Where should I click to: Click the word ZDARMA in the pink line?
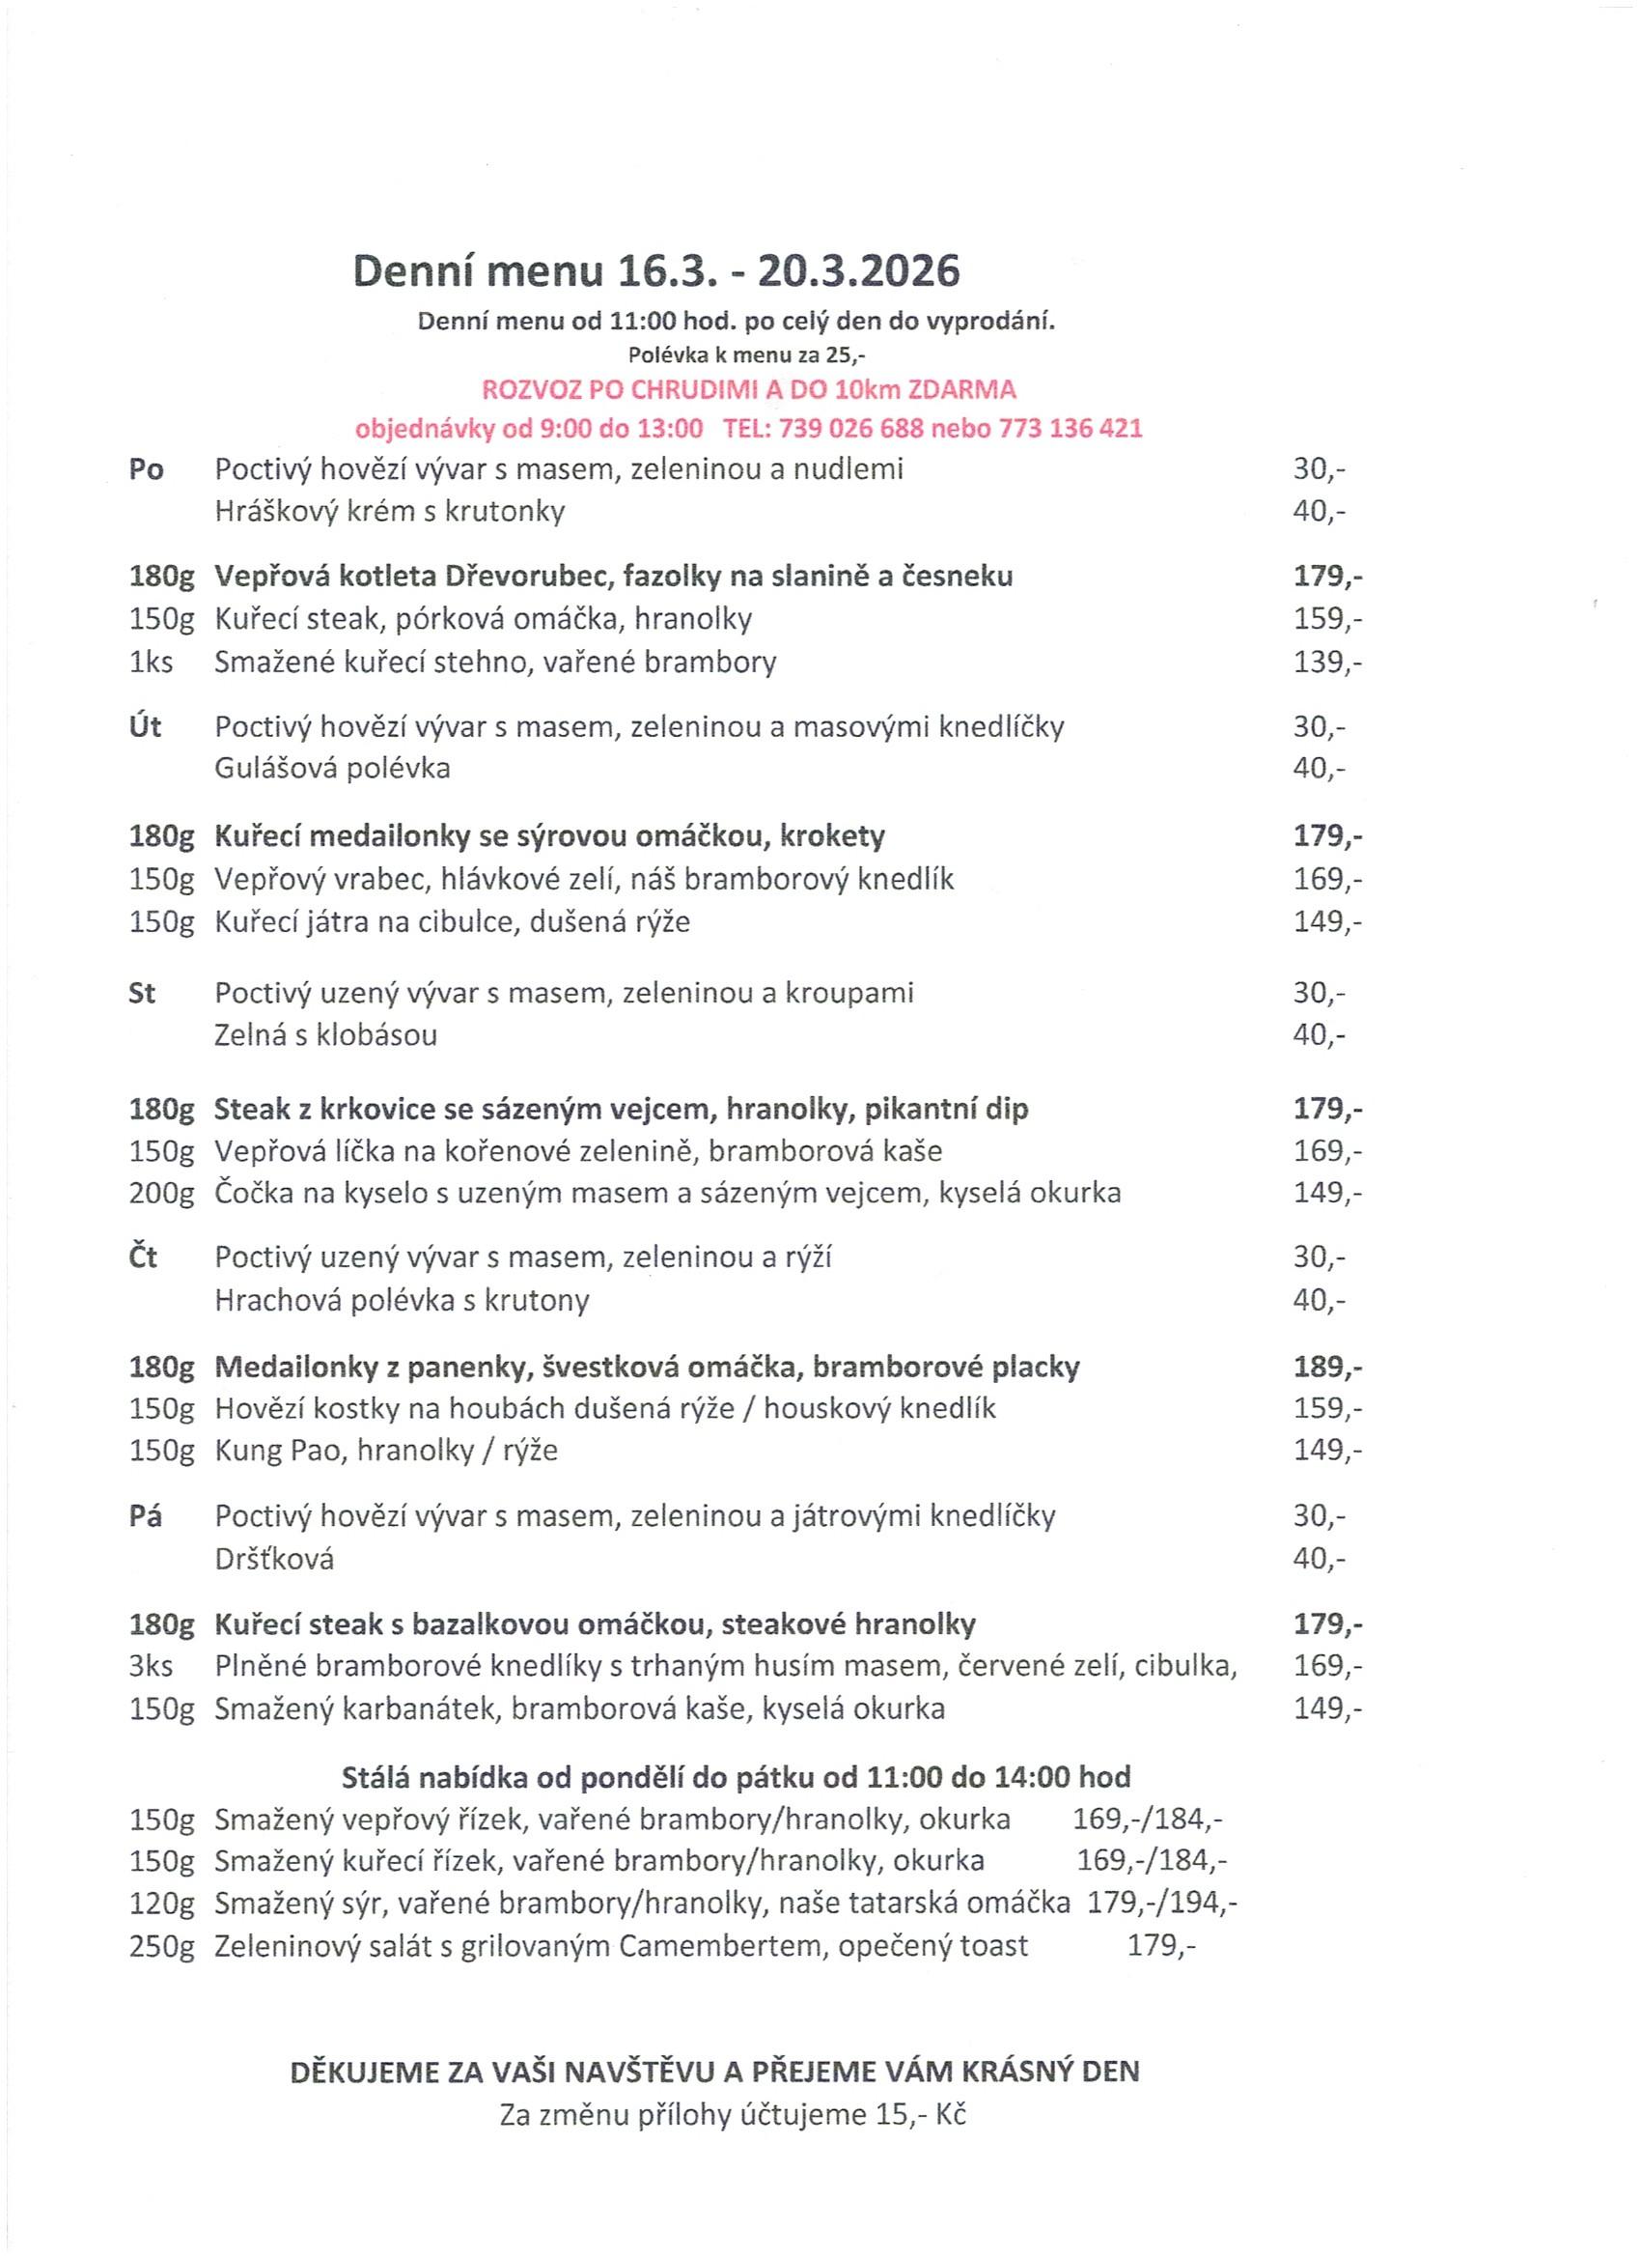[961, 389]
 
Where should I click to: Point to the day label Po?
[147, 469]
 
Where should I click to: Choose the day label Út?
[146, 727]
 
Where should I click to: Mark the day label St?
[142, 993]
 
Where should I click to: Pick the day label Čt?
[143, 1257]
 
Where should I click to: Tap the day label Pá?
[146, 1515]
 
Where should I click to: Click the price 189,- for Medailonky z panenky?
[1327, 1367]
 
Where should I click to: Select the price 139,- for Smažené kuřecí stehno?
[1327, 663]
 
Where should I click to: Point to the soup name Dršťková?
[275, 1558]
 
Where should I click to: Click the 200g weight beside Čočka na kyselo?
[161, 1193]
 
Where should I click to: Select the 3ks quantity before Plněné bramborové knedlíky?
[152, 1666]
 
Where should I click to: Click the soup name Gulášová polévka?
[332, 769]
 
